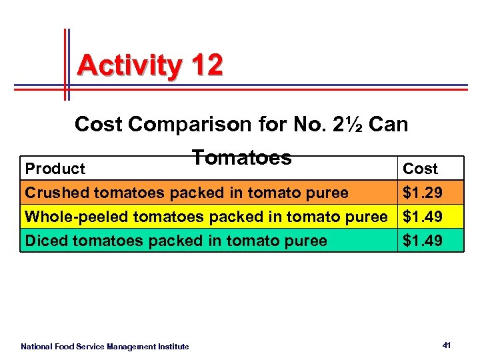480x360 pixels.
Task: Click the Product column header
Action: point(55,169)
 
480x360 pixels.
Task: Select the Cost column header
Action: point(421,169)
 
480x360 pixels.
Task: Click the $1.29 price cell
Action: point(422,193)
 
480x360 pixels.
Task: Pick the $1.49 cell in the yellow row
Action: point(422,217)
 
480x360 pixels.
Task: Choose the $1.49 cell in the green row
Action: point(422,240)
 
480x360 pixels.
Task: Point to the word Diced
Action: point(46,240)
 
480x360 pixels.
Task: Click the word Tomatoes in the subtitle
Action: point(241,157)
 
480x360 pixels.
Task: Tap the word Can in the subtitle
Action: point(388,124)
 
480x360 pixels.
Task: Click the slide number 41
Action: point(447,345)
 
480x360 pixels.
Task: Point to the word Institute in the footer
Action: point(174,346)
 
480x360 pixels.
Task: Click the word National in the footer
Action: point(37,346)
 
